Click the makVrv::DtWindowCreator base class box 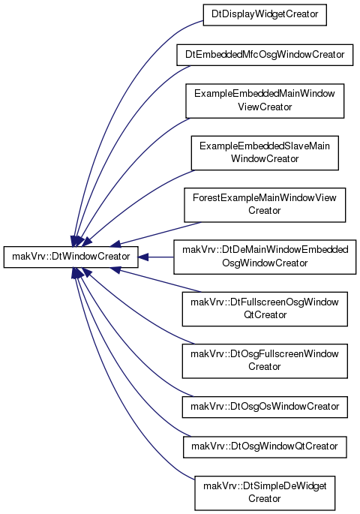70,257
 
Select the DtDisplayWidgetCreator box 265,15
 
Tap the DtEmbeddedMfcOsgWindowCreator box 265,55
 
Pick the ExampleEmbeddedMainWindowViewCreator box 265,101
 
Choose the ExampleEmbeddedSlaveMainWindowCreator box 265,153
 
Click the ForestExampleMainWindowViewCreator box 265,205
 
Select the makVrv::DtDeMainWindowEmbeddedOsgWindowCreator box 265,257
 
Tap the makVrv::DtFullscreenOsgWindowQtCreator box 265,309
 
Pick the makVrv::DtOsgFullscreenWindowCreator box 265,361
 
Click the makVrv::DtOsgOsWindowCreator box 265,407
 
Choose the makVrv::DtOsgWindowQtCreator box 265,446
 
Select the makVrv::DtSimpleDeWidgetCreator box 265,493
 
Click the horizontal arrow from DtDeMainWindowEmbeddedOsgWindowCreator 156,257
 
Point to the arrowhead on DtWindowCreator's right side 143,257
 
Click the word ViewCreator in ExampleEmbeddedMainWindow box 265,107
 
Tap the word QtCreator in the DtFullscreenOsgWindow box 265,315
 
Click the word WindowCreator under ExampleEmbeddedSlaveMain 265,159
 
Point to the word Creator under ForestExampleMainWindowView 264,210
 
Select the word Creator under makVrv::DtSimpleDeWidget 264,499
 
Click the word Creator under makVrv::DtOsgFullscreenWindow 264,366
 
